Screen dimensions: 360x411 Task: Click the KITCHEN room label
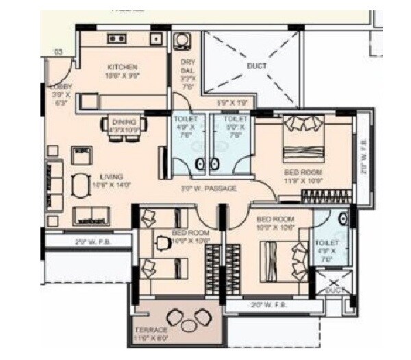coord(123,67)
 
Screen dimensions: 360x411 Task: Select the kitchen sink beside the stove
coord(156,38)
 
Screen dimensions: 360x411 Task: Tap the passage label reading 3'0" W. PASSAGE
coord(208,188)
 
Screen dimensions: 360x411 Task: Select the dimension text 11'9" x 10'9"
coord(303,181)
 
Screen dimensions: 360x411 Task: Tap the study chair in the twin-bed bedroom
coord(148,217)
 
